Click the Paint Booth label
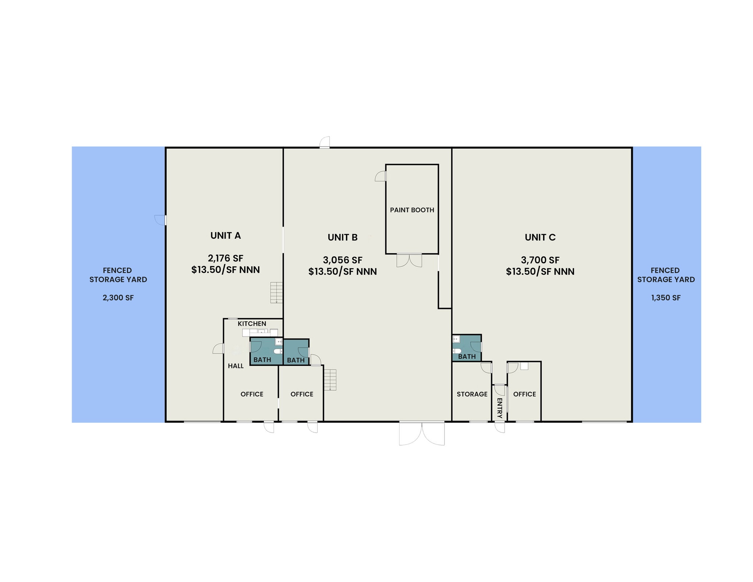(x=412, y=210)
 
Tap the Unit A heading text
(x=225, y=236)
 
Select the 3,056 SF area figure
(x=342, y=260)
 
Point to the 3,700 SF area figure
(x=540, y=260)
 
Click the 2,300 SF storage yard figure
(x=118, y=298)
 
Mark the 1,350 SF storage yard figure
(x=665, y=298)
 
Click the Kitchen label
(x=252, y=324)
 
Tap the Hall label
(x=236, y=366)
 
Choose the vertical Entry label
(x=499, y=408)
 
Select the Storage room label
(x=472, y=394)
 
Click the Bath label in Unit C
(x=467, y=356)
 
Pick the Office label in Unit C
(x=524, y=394)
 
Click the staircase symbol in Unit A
(x=276, y=292)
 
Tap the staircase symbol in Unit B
(x=330, y=379)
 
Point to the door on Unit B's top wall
(x=325, y=142)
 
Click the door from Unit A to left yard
(x=160, y=220)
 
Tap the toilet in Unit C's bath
(x=457, y=351)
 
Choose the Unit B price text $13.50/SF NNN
(x=342, y=272)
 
